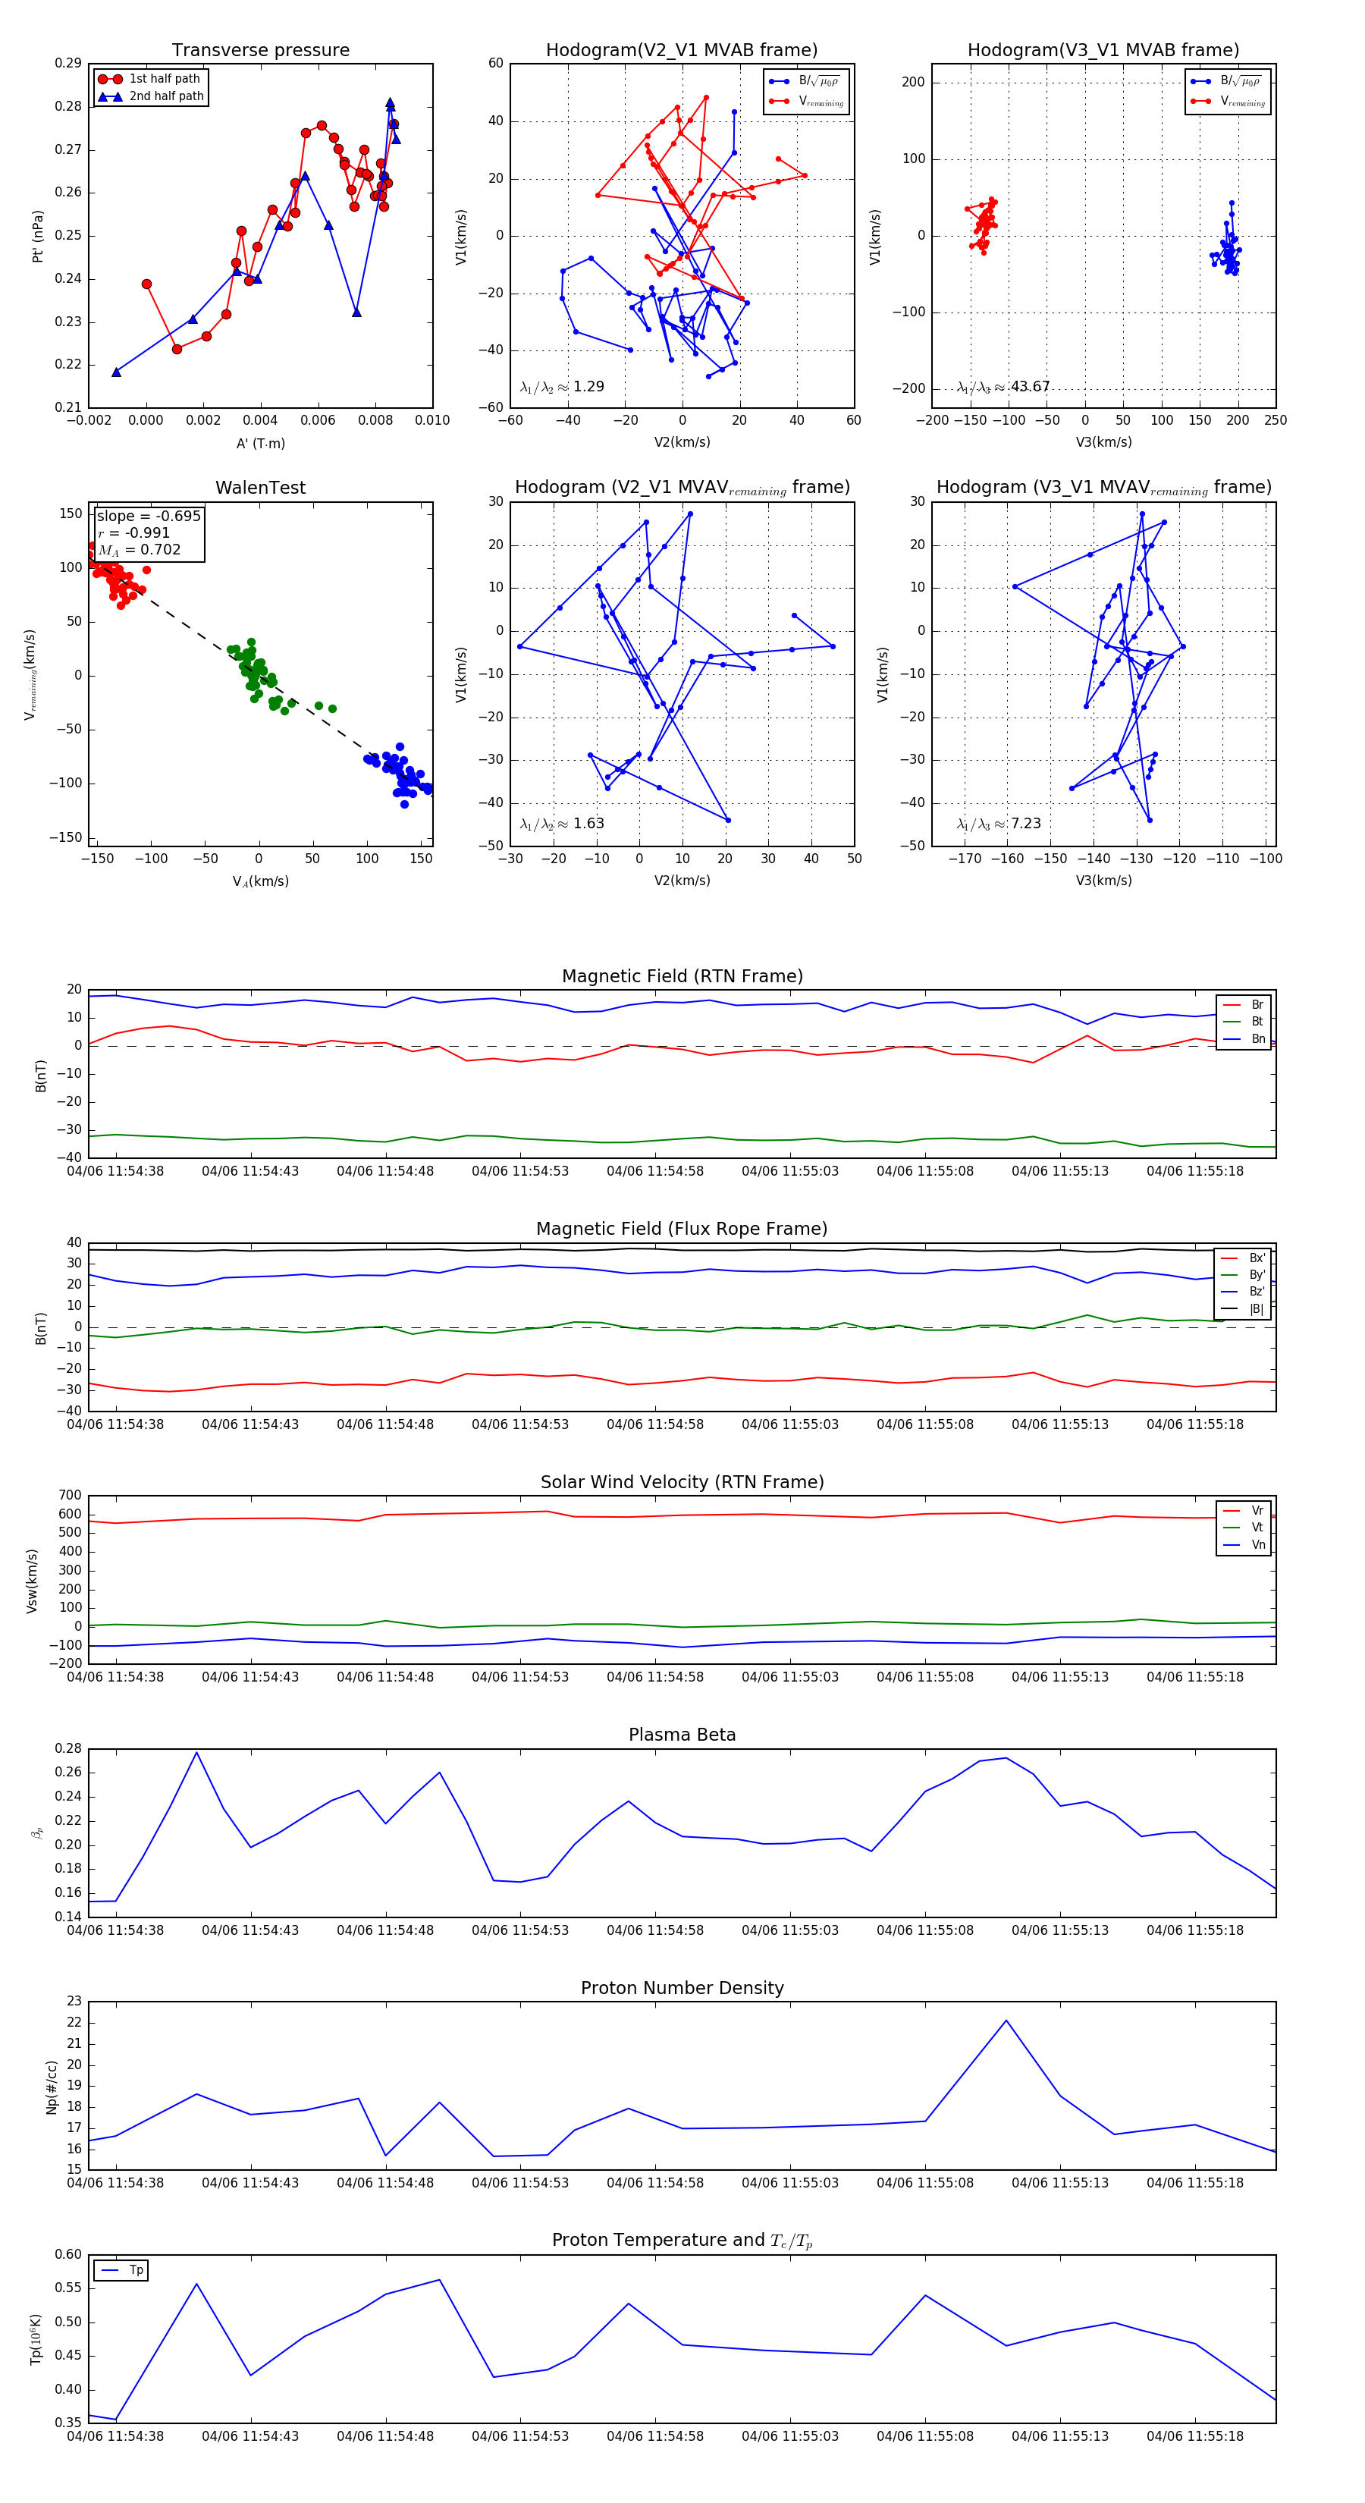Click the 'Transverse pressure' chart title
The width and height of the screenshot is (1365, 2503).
[x=260, y=51]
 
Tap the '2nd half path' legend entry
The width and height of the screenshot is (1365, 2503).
[x=166, y=96]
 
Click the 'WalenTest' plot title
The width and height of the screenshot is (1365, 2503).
[x=260, y=488]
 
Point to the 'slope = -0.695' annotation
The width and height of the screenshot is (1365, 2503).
[x=149, y=516]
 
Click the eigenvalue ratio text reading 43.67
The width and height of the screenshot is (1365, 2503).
[x=1030, y=387]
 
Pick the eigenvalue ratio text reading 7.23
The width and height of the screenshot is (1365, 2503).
[x=1025, y=824]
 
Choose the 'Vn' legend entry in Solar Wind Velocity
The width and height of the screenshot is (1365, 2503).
[x=1257, y=1545]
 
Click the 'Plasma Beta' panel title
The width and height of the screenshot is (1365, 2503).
[x=682, y=1735]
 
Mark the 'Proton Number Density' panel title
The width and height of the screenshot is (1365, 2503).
[x=682, y=1988]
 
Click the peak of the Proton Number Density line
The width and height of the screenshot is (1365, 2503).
[x=1006, y=2021]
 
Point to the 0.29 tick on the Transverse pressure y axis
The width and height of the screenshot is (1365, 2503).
[x=68, y=64]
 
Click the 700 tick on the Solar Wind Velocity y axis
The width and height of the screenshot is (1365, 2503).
[x=70, y=1496]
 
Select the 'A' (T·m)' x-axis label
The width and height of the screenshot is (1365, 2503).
[x=260, y=444]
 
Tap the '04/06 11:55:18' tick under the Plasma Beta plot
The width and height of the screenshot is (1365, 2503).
[x=1194, y=1930]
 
